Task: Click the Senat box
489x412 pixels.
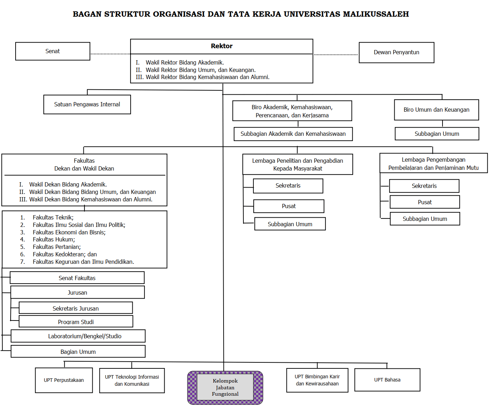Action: pyautogui.click(x=53, y=51)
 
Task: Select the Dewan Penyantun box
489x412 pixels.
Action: pyautogui.click(x=396, y=52)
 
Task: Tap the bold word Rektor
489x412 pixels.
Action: pyautogui.click(x=221, y=46)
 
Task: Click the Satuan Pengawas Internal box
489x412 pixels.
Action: pyautogui.click(x=87, y=105)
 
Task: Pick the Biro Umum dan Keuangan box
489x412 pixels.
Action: pyautogui.click(x=436, y=110)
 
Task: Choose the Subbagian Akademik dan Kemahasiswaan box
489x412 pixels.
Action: pyautogui.click(x=293, y=134)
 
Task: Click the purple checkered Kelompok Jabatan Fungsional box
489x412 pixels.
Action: pyautogui.click(x=225, y=388)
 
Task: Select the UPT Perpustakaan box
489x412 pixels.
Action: pyautogui.click(x=64, y=380)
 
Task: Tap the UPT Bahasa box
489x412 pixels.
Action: pyautogui.click(x=387, y=380)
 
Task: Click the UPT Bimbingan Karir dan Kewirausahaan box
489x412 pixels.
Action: pyautogui.click(x=317, y=380)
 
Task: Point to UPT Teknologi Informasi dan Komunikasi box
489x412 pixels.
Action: pyautogui.click(x=132, y=380)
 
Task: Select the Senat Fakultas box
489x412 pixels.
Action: pyautogui.click(x=77, y=278)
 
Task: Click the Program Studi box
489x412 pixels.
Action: pyautogui.click(x=76, y=322)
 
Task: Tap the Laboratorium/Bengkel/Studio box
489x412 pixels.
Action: pyautogui.click(x=85, y=336)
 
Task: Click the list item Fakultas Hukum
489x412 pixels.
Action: pyautogui.click(x=54, y=240)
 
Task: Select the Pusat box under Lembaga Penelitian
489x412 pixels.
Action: pyautogui.click(x=289, y=206)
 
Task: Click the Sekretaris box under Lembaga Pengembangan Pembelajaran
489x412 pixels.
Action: pyautogui.click(x=424, y=186)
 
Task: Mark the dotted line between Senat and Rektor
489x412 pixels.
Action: pyautogui.click(x=110, y=54)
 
